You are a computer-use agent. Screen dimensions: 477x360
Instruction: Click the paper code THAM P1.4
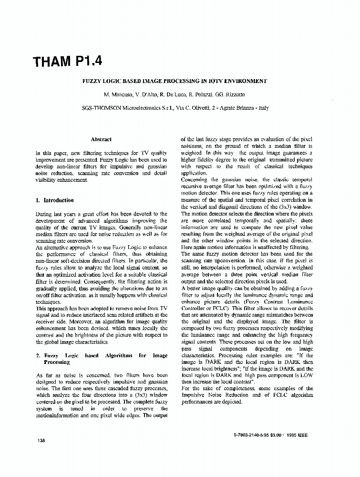click(67, 62)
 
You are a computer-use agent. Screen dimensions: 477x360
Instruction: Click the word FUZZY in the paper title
click(93, 81)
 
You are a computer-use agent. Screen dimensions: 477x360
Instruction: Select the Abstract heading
click(101, 139)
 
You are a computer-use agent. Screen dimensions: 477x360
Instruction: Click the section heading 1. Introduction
click(55, 200)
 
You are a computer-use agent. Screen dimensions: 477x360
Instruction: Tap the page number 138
click(41, 440)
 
